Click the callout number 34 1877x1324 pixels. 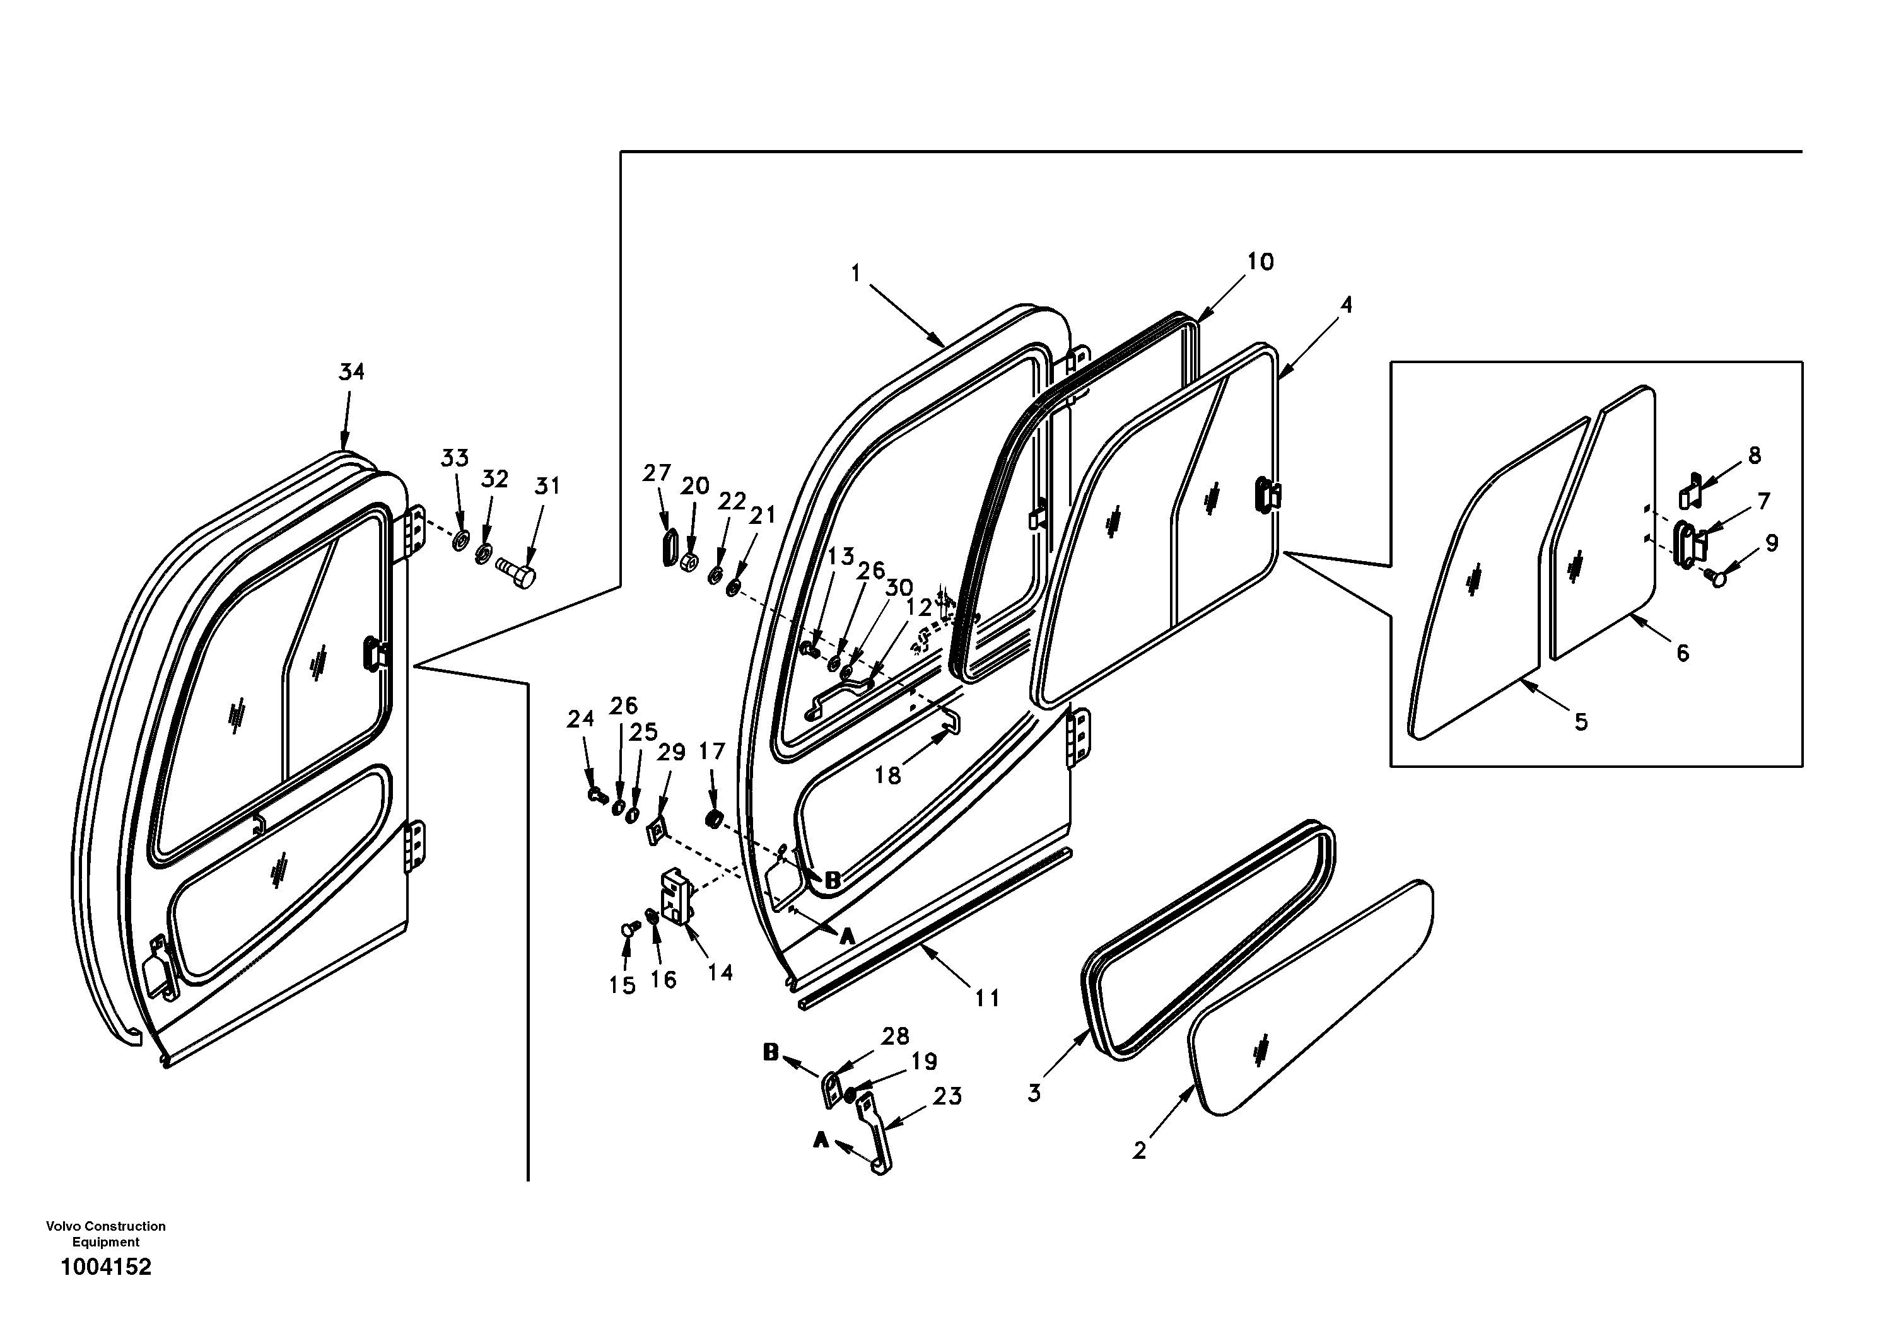[351, 372]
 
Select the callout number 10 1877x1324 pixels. [1260, 262]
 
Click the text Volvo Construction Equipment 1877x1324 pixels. [105, 1234]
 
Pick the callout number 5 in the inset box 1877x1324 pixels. [1581, 722]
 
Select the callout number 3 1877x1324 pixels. [1034, 1093]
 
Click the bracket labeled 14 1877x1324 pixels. [676, 897]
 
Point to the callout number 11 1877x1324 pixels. [986, 998]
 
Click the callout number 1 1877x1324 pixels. [856, 272]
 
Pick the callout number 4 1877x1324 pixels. [1345, 305]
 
